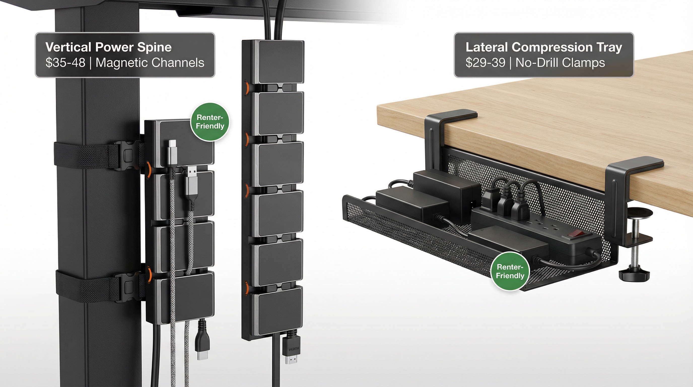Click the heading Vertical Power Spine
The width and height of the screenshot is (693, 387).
[x=109, y=47]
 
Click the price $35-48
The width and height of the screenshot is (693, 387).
[x=65, y=63]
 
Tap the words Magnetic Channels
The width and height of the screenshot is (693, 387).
[x=150, y=63]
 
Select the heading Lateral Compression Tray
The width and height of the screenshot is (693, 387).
[x=544, y=47]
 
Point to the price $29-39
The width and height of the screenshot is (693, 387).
[x=485, y=63]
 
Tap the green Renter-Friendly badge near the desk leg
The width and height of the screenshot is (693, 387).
[x=210, y=122]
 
